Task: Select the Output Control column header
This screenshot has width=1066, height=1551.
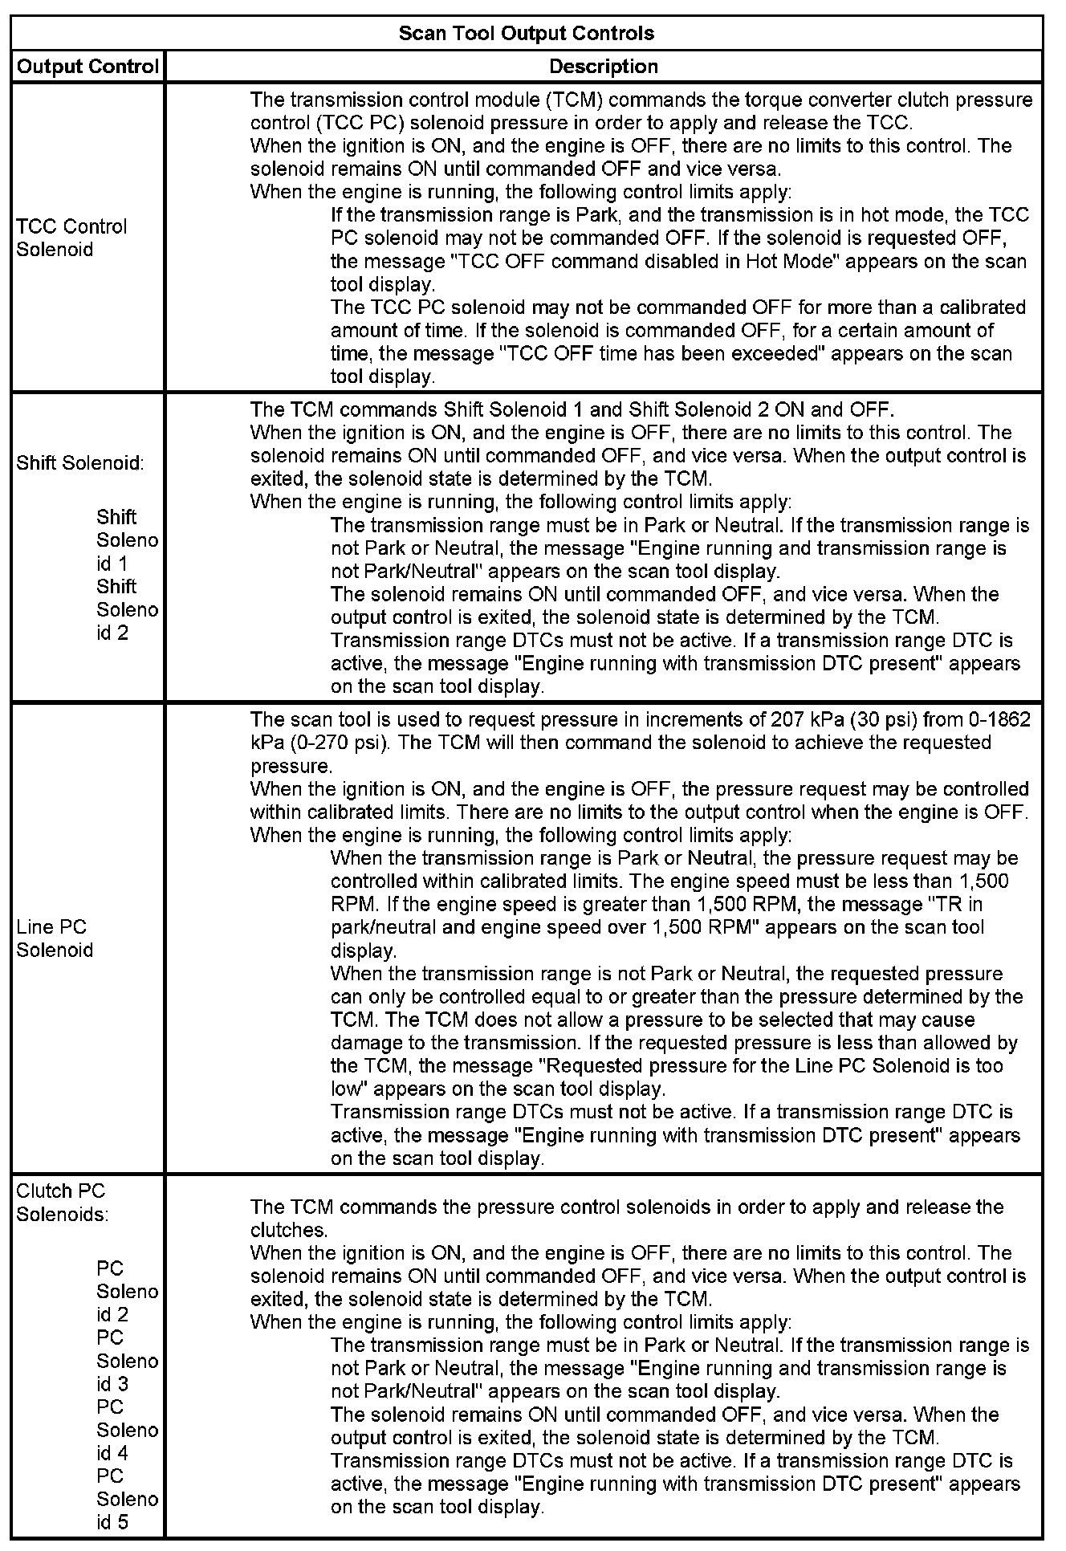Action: (87, 67)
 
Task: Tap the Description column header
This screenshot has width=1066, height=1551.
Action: (604, 67)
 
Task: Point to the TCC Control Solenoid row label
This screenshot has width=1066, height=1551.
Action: (71, 238)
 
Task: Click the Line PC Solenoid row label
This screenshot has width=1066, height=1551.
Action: (55, 938)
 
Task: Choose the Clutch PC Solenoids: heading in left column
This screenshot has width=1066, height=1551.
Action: (62, 1203)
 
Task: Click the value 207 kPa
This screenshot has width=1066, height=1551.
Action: (805, 719)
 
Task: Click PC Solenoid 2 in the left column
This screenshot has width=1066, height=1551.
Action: (127, 1292)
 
